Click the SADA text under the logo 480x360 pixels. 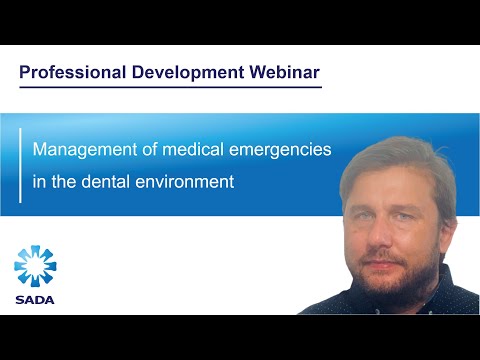[35, 299]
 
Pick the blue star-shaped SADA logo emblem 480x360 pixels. [35, 265]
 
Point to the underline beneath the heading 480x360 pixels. [170, 87]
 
